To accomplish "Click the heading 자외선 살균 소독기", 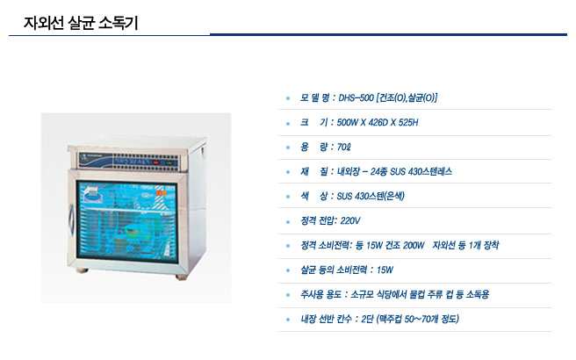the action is coord(81,23).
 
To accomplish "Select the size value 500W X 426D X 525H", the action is coord(378,123).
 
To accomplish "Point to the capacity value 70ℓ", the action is coord(344,148).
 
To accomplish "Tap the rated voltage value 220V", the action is coord(350,220).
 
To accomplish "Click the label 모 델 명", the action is coord(314,98).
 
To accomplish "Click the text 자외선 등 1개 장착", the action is coord(465,245).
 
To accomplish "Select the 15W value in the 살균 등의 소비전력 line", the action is coord(385,270).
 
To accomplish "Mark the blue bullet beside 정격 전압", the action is coord(288,221).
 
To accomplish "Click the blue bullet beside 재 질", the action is coord(288,172).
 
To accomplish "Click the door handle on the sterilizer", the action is coord(71,220).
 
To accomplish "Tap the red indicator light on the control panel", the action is coord(156,162).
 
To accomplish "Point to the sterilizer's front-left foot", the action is coord(82,270).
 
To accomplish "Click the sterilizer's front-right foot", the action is coord(182,277).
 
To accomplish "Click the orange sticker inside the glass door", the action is coord(161,193).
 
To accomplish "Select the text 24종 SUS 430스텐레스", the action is coord(411,171).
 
